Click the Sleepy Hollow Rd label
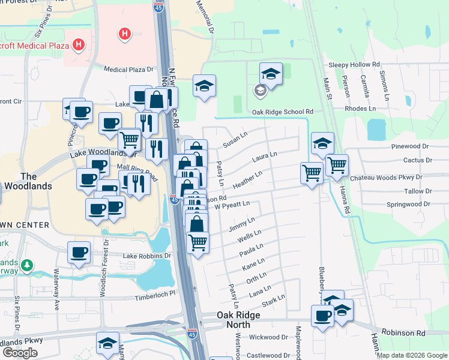point(354,64)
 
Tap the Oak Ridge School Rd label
point(283,112)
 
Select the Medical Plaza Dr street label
point(129,70)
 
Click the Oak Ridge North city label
point(238,320)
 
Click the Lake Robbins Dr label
point(147,256)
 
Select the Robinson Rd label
point(406,332)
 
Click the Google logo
point(20,353)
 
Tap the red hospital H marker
point(125,34)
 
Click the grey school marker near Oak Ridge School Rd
point(260,91)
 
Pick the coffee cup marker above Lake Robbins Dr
point(79,252)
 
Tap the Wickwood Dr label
point(268,337)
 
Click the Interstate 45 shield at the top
point(159,7)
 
